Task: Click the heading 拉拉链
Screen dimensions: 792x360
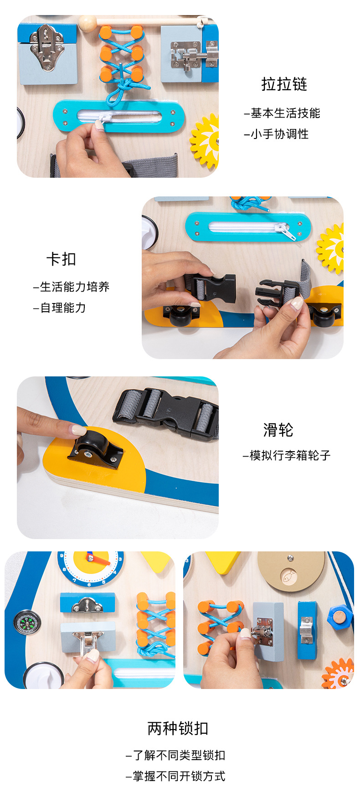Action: (x=284, y=84)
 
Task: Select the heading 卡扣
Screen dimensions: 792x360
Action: (x=61, y=259)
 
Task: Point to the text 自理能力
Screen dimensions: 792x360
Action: (x=60, y=308)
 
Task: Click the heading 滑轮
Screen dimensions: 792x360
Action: (x=278, y=430)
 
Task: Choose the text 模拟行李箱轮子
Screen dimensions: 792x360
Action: (x=287, y=455)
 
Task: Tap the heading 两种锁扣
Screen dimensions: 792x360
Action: (x=178, y=728)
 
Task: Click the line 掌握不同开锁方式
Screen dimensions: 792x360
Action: (x=175, y=776)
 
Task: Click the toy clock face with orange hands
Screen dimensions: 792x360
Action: (x=91, y=567)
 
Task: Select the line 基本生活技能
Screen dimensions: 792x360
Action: (x=282, y=113)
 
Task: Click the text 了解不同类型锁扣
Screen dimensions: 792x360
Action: (x=175, y=755)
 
